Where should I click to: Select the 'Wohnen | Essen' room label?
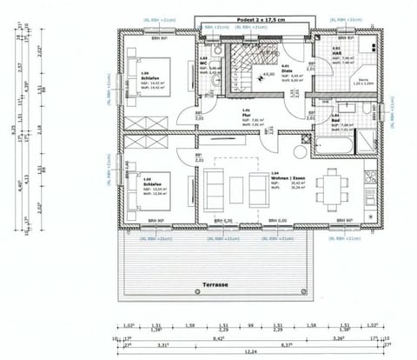(282, 177)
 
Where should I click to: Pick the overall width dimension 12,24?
(250, 351)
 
